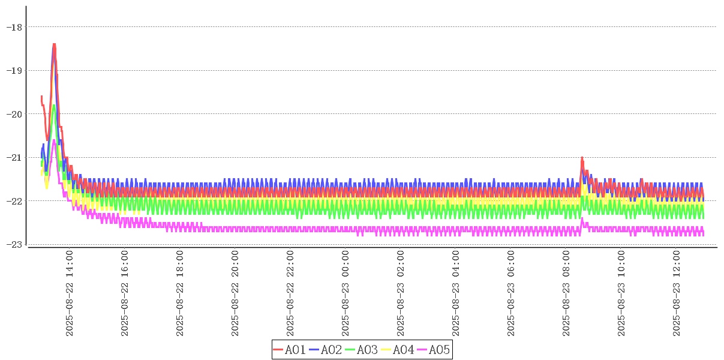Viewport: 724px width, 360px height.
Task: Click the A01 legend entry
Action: tap(290, 350)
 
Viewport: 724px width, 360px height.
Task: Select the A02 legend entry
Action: tap(326, 350)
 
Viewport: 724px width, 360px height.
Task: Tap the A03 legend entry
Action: tap(362, 350)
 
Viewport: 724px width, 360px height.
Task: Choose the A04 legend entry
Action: tap(398, 350)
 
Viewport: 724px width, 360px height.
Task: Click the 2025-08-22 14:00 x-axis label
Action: tap(69, 293)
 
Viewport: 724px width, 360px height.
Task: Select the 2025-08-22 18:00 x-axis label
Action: tap(179, 293)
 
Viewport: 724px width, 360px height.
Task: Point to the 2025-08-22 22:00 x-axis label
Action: tap(290, 293)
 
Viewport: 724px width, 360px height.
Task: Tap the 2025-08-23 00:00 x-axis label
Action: tap(345, 293)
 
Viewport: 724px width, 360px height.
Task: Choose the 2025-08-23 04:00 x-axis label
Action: tap(455, 293)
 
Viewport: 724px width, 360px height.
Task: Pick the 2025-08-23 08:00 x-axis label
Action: tap(566, 293)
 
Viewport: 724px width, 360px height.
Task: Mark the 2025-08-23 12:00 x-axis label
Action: tap(676, 293)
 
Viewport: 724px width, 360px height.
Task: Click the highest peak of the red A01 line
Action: tap(54, 44)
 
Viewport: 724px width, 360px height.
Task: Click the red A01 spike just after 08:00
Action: tap(582, 157)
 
